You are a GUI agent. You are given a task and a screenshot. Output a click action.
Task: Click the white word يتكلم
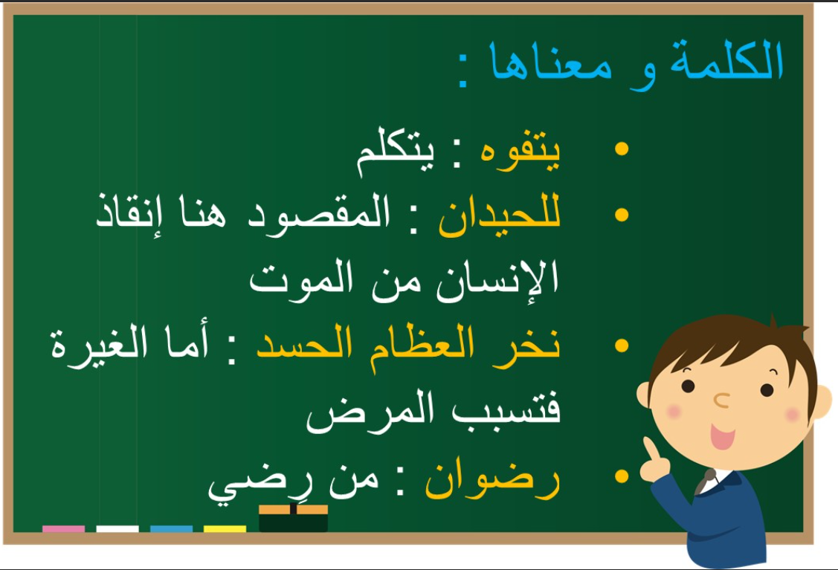pyautogui.click(x=396, y=152)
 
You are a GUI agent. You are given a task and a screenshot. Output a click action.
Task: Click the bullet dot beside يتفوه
pyautogui.click(x=622, y=149)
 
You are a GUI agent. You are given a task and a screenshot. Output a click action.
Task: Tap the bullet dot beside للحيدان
pyautogui.click(x=622, y=215)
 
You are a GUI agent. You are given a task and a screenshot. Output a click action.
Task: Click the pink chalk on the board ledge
pyautogui.click(x=64, y=529)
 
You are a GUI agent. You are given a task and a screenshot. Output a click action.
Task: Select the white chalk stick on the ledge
pyautogui.click(x=117, y=529)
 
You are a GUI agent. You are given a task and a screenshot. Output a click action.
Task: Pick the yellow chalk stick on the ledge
pyautogui.click(x=225, y=529)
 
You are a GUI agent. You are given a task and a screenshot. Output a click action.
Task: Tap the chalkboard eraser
pyautogui.click(x=294, y=518)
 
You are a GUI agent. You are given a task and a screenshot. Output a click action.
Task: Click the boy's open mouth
pyautogui.click(x=722, y=436)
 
